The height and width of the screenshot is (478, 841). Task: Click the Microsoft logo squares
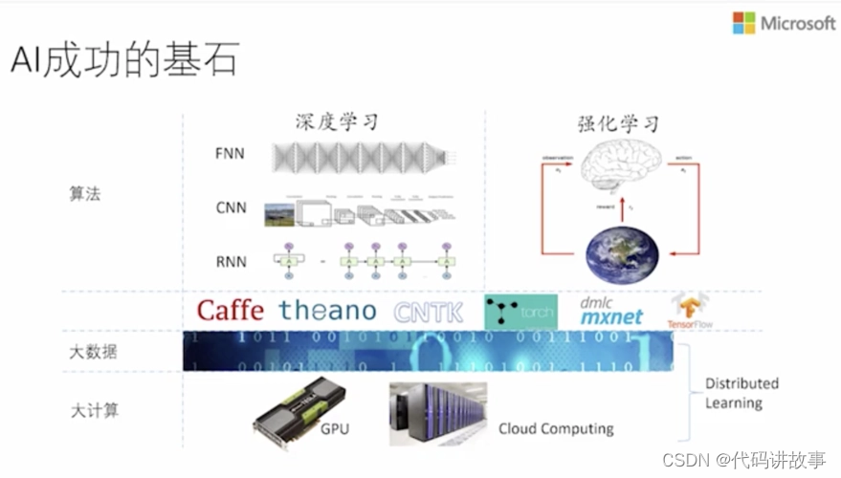[743, 23]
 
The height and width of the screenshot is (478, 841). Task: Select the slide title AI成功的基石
[124, 61]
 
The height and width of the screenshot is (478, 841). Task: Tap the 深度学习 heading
[336, 122]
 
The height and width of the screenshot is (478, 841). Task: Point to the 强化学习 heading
[619, 122]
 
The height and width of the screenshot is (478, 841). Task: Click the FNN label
[231, 153]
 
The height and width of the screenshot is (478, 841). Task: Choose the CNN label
[231, 206]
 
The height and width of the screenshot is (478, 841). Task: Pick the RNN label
[231, 261]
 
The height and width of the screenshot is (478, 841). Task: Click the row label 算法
[85, 194]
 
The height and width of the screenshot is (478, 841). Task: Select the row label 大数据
[94, 352]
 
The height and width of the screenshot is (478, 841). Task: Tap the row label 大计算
[94, 411]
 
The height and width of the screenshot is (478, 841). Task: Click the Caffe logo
[232, 311]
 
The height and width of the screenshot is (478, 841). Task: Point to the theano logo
[327, 311]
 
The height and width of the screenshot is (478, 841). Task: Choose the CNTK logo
[428, 312]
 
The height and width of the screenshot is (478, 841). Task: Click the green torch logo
[520, 312]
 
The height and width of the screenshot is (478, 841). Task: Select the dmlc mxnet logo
[611, 312]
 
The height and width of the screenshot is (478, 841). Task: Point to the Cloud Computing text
[556, 429]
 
